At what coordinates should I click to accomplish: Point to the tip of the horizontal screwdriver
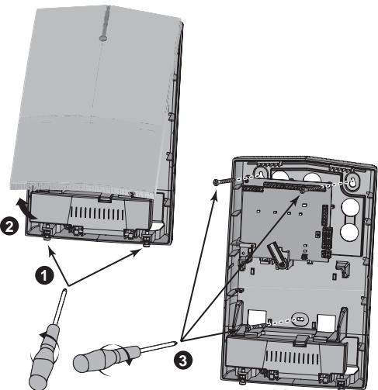[176, 338]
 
